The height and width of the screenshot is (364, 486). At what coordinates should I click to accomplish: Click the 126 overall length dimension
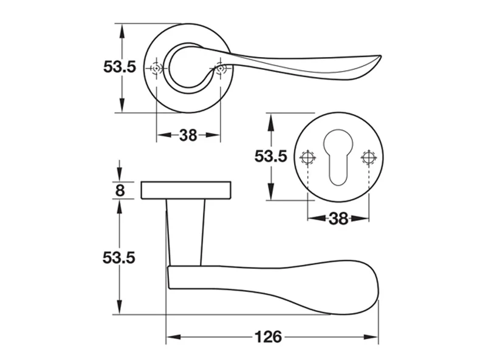[269, 337]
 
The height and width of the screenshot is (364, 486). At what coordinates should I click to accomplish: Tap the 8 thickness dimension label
[120, 190]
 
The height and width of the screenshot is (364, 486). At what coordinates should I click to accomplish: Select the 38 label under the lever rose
[188, 135]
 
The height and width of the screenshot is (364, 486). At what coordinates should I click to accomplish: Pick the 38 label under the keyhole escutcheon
[338, 219]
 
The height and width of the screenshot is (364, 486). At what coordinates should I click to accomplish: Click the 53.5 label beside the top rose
[120, 67]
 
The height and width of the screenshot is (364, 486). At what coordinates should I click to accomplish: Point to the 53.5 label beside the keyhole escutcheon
[271, 157]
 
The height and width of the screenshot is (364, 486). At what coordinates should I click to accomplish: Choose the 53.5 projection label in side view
[119, 257]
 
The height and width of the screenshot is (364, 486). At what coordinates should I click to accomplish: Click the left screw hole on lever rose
[156, 68]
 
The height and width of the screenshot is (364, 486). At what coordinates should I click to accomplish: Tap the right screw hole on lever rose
[221, 68]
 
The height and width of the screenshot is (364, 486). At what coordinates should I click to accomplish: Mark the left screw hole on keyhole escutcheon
[307, 158]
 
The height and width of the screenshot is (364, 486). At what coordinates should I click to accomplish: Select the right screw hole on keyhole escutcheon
[369, 158]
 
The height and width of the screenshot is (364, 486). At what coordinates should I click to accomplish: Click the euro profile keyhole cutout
[338, 158]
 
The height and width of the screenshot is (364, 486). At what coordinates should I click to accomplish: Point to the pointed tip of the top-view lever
[381, 56]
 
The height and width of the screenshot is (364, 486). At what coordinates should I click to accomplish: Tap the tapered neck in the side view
[185, 232]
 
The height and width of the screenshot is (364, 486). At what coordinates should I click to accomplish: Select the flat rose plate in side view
[186, 190]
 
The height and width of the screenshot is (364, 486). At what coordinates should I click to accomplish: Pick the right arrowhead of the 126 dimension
[371, 337]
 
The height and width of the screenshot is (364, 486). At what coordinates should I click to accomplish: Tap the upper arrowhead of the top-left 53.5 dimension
[122, 31]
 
